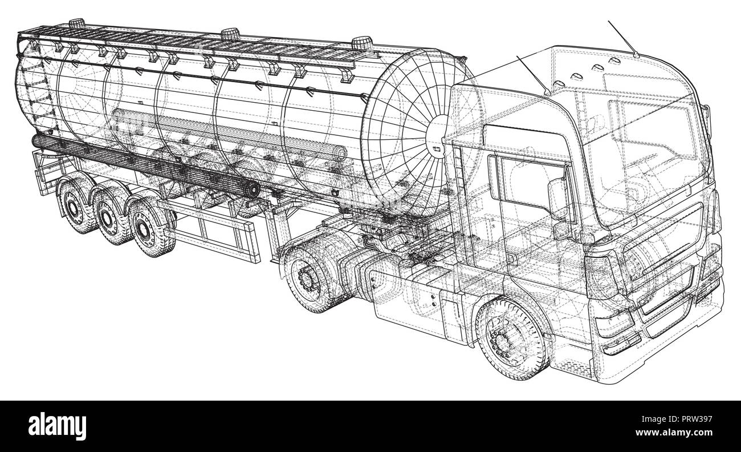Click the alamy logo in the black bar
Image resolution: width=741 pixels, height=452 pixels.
(57, 427)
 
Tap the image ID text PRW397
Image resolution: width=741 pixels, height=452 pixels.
(677, 419)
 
